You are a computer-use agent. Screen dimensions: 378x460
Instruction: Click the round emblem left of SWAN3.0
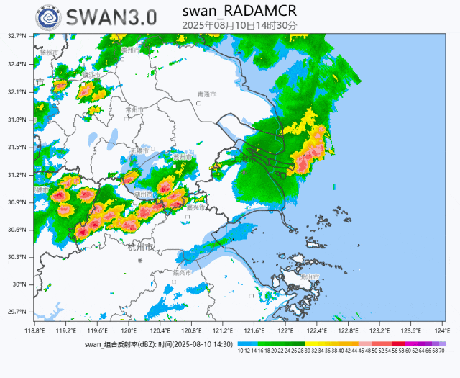(49, 17)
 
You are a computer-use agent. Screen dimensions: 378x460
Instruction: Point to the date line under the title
(239, 25)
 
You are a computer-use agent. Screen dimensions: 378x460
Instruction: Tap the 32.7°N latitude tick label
(18, 36)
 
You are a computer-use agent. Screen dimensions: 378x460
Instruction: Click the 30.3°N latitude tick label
(18, 257)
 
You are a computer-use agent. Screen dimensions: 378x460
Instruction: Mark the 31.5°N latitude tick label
(18, 147)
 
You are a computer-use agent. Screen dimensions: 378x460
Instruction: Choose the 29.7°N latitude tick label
(18, 312)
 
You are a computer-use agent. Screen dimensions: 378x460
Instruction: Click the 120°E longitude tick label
(129, 330)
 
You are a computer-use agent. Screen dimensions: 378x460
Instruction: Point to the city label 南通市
(206, 94)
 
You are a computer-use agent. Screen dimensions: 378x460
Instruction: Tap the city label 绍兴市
(183, 273)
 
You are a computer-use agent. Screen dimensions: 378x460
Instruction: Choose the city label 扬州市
(49, 53)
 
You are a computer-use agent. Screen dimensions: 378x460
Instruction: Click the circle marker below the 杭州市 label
(140, 260)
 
